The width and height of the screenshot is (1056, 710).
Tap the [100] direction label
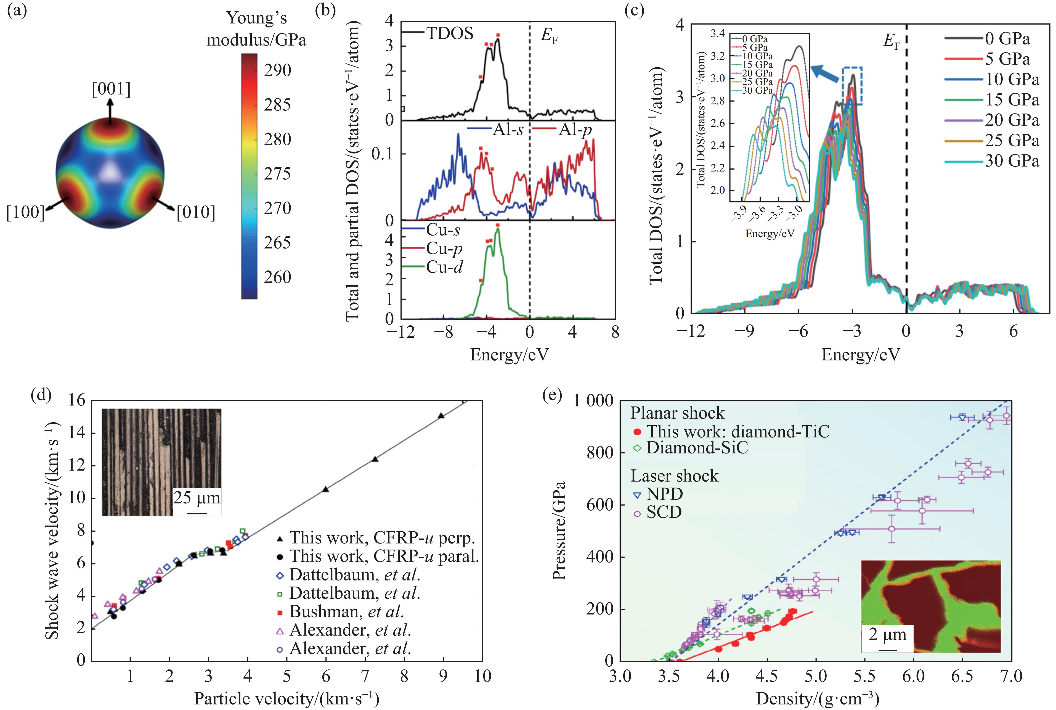(25, 212)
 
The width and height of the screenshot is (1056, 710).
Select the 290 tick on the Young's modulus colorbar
(277, 70)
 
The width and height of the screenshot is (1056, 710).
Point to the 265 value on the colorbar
(277, 243)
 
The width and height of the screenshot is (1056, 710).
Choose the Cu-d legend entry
(444, 267)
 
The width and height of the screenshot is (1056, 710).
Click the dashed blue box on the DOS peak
(852, 86)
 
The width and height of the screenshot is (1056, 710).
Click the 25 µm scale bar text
(197, 498)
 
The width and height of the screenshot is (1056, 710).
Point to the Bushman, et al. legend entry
(346, 611)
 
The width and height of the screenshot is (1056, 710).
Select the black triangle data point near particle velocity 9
(441, 416)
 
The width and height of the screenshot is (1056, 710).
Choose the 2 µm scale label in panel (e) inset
(888, 634)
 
